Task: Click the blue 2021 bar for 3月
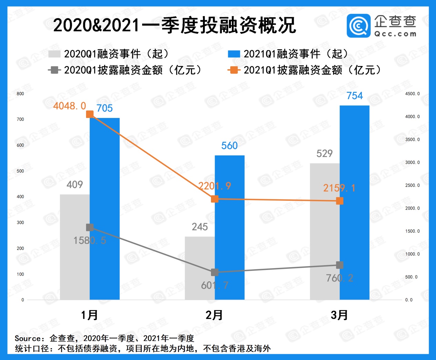[354, 203]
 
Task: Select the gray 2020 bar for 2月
[200, 268]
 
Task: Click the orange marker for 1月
[90, 114]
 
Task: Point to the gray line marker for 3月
[340, 265]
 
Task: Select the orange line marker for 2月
[215, 199]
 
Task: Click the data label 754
[354, 96]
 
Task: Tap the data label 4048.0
[70, 106]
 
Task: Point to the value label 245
[200, 227]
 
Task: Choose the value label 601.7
[214, 285]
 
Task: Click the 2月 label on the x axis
[214, 315]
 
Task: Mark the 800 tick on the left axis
[20, 94]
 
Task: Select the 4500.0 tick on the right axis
[412, 94]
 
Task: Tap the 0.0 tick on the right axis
[409, 300]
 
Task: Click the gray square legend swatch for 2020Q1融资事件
[54, 54]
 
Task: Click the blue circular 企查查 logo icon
[359, 26]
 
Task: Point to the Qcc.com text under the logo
[395, 34]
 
